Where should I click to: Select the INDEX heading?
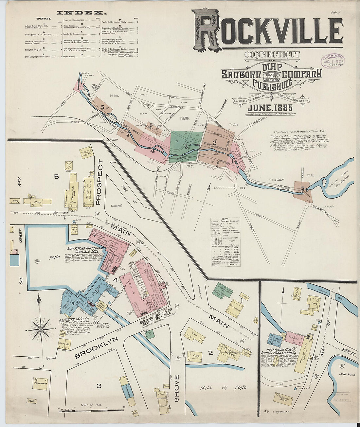[x=81, y=13]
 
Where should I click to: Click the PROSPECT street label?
[x=100, y=182]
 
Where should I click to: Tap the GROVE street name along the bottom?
[x=177, y=393]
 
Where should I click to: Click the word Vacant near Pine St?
[x=116, y=206]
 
